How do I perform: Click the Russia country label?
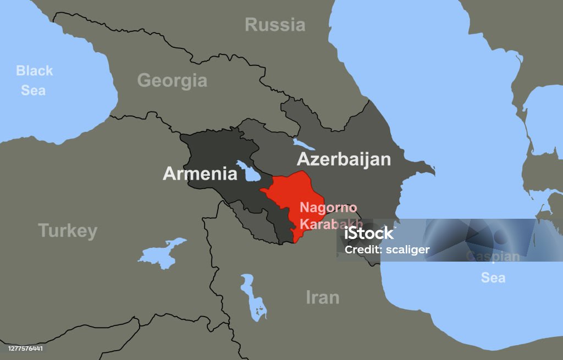coord(274,25)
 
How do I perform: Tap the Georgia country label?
coord(172,81)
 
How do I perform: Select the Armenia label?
coord(200,174)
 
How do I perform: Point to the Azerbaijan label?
coord(344,159)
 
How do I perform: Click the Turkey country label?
coord(68,231)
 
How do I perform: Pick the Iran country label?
coord(322,297)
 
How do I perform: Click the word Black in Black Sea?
coord(34,70)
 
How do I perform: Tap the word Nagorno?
coord(328,209)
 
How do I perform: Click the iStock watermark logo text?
coord(369,234)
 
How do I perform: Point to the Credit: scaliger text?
coord(387,250)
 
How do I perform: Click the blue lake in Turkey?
coord(160,252)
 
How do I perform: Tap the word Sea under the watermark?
coord(493,278)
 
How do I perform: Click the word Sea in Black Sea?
coord(33,90)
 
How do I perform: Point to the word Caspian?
coord(493,257)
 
